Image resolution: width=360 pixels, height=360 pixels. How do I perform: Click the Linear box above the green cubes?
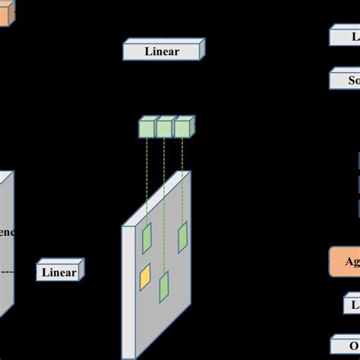click(163, 52)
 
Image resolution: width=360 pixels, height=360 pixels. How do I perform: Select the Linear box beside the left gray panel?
click(58, 272)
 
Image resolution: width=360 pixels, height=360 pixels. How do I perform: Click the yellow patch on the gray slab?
click(144, 276)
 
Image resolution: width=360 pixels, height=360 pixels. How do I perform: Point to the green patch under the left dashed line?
click(147, 238)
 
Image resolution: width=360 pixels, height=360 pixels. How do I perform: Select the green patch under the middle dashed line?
click(163, 287)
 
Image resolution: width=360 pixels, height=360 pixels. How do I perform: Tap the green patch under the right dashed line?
click(183, 237)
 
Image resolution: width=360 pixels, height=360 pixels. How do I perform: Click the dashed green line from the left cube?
click(147, 182)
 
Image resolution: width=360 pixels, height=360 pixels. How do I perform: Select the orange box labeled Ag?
click(345, 261)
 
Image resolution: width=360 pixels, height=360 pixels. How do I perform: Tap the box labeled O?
click(345, 343)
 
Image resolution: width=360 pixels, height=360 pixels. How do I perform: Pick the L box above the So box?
click(345, 36)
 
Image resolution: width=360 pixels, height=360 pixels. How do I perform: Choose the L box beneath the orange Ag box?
click(350, 305)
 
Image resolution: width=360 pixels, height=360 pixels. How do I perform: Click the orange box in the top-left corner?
click(4, 15)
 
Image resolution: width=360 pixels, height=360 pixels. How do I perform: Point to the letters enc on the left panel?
click(6, 231)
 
